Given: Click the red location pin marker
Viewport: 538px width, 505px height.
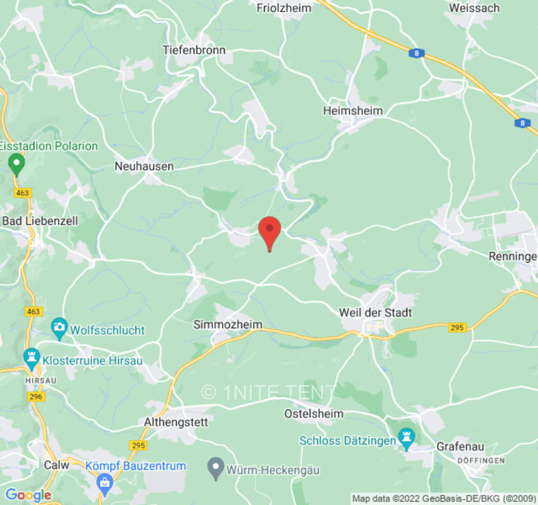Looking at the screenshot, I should point(270,231).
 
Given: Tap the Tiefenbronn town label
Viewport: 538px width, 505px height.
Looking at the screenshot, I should point(194,49).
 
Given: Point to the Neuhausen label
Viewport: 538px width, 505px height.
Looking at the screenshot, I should point(144,166).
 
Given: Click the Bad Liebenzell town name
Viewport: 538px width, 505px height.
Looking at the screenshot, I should point(39,221).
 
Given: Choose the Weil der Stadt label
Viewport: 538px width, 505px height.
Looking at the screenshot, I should point(375,312).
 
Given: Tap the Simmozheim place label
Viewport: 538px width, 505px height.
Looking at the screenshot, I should point(227,324).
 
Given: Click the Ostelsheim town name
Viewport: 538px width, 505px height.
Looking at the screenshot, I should point(314,413).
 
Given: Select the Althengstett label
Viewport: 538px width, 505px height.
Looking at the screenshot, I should point(176,423).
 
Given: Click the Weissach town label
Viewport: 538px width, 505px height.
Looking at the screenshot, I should point(474,8).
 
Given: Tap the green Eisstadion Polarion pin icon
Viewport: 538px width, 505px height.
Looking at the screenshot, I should point(16,165).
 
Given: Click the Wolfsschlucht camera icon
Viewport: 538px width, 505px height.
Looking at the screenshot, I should point(59,327).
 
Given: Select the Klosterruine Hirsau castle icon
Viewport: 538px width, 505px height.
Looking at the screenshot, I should point(31,357).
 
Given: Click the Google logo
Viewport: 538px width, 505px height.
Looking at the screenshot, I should point(28,495).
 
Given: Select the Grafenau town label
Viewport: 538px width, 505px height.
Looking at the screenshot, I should point(460,446).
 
